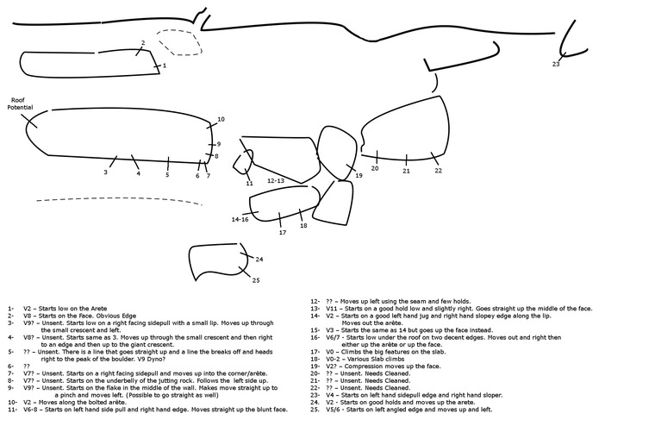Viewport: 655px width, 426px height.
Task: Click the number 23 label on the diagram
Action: (x=556, y=64)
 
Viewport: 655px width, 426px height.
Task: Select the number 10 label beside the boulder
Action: (x=221, y=119)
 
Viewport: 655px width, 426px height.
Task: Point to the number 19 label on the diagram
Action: (x=359, y=175)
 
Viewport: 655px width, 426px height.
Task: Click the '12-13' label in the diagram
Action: (x=276, y=181)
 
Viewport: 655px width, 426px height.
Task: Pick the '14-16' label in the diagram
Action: (x=240, y=219)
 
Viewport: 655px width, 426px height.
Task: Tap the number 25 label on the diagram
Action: (x=256, y=279)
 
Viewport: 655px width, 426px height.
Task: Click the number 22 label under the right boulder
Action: (x=438, y=170)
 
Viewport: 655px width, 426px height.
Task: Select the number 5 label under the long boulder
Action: (x=168, y=174)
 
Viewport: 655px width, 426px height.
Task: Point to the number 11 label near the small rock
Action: (x=249, y=183)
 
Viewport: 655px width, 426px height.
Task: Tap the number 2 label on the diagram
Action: (x=143, y=42)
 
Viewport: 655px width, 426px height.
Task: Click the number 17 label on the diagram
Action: (x=282, y=233)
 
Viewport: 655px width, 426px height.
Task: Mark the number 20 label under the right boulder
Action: (x=375, y=168)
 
